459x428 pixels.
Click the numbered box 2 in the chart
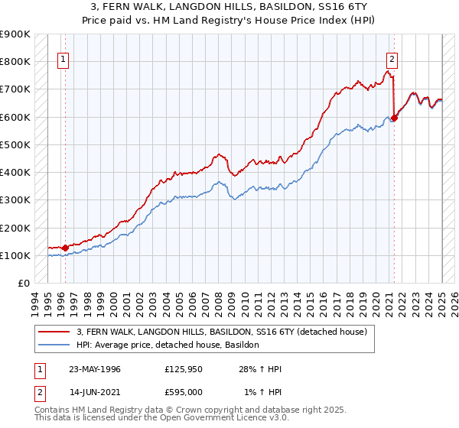pos(392,60)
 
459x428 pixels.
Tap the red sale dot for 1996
pos(66,248)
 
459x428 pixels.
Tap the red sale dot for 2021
pos(395,118)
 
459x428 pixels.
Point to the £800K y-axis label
pos(15,61)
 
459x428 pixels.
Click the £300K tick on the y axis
pos(15,200)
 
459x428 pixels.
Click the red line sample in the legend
pos(55,332)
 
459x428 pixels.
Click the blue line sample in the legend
pos(55,345)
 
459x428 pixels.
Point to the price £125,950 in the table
pos(181,369)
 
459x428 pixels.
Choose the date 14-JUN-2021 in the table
pos(94,392)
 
